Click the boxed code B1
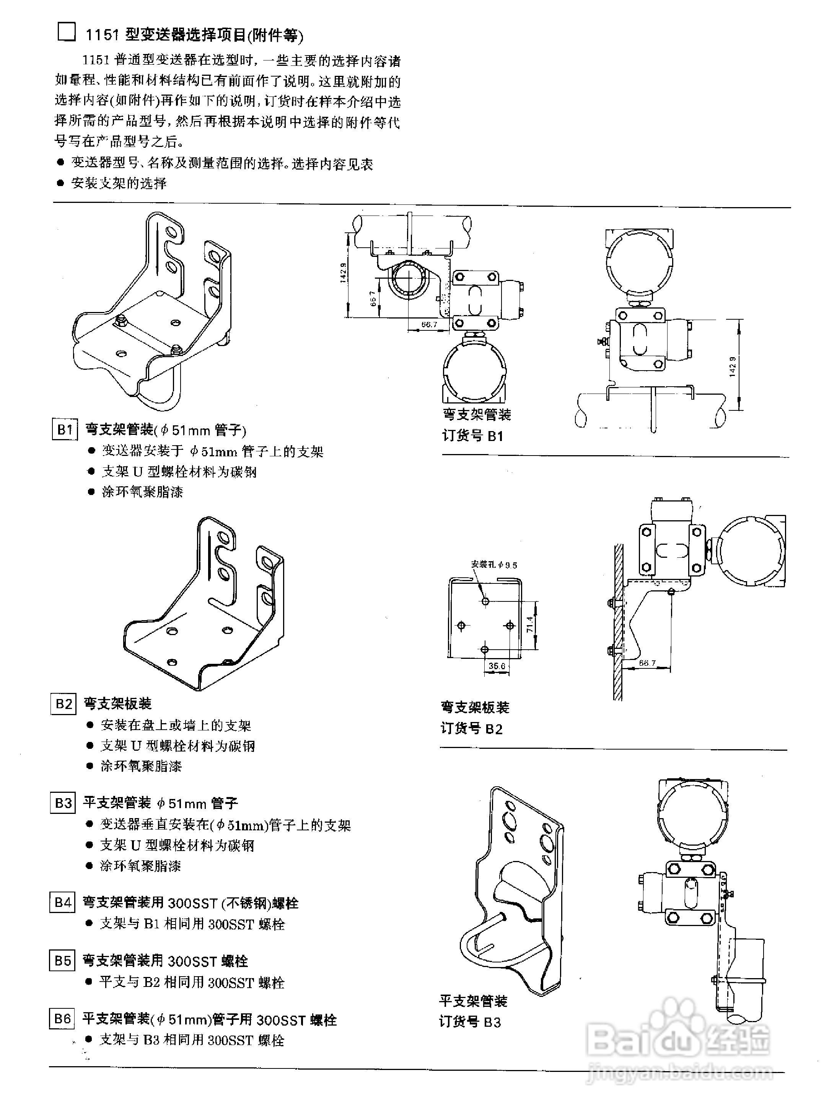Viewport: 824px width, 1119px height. (x=64, y=429)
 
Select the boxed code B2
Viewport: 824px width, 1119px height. (x=64, y=704)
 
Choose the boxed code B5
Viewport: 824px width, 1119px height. (x=62, y=960)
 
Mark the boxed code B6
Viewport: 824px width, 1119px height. (x=62, y=1018)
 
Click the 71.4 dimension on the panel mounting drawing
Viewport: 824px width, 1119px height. (x=530, y=624)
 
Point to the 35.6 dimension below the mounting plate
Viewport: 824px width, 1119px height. (x=497, y=666)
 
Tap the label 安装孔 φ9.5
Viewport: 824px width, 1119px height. (x=494, y=565)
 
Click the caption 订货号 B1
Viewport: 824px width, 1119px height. (x=473, y=436)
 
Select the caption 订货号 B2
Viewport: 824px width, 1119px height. (x=471, y=729)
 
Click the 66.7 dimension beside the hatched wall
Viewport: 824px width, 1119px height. (x=647, y=663)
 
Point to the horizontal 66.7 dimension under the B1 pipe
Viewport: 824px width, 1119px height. (x=429, y=324)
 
